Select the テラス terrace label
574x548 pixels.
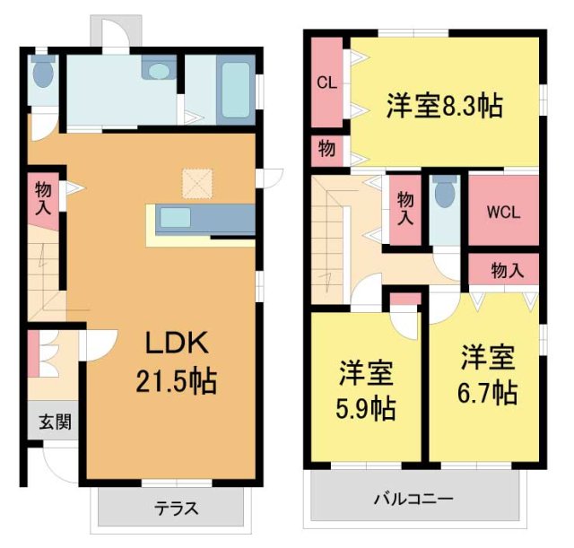(177, 508)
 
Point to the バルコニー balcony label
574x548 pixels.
(414, 499)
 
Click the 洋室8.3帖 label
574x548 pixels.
(444, 106)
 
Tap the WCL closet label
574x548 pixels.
(503, 213)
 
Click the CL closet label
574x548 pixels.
(326, 83)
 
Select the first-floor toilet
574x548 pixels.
(42, 75)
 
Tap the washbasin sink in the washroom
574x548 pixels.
(161, 71)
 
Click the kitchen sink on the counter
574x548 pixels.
(176, 218)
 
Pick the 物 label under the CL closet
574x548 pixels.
(326, 150)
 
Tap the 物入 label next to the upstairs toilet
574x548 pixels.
(405, 209)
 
